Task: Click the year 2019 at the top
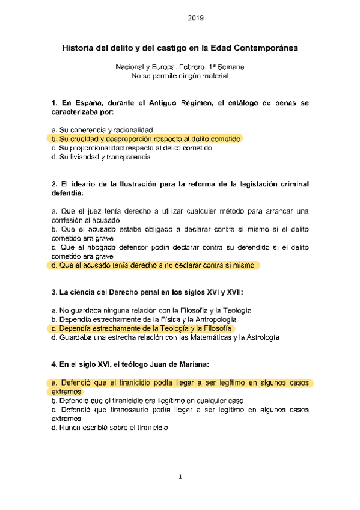point(196,18)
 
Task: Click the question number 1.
point(54,103)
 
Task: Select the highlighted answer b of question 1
point(146,138)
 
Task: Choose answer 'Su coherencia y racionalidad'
point(102,129)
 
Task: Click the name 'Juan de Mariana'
point(180,364)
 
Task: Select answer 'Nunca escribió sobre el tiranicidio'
point(111,428)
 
